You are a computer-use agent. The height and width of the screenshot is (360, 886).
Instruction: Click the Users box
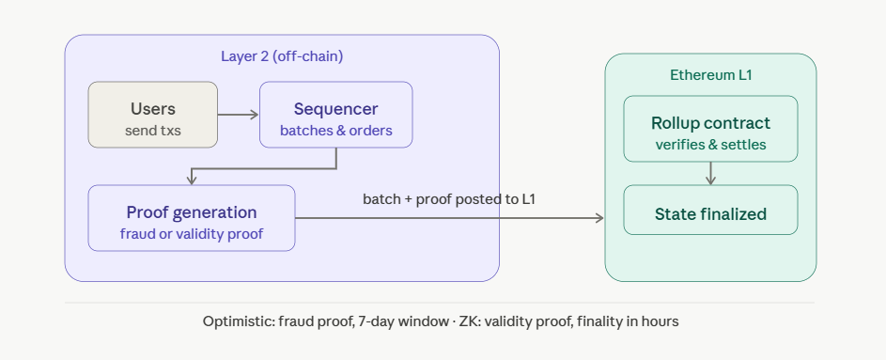click(x=152, y=115)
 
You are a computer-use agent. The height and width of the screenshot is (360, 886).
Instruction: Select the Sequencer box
click(x=335, y=115)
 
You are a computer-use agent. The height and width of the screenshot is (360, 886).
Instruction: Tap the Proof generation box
click(x=192, y=218)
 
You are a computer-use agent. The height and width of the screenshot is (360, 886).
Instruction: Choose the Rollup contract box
click(x=710, y=129)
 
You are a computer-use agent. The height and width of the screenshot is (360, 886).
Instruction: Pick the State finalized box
click(x=710, y=210)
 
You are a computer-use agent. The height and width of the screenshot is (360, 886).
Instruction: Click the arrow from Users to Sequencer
click(x=238, y=115)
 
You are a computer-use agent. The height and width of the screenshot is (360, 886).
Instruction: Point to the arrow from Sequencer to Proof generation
click(x=264, y=168)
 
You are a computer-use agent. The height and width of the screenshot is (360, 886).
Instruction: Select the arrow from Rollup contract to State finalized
click(x=711, y=174)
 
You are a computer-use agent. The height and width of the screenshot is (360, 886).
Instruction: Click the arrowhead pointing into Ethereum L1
click(x=600, y=218)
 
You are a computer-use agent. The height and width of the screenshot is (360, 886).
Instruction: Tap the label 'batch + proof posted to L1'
click(x=449, y=199)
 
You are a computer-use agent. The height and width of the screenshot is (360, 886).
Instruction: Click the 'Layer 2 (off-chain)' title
click(x=282, y=56)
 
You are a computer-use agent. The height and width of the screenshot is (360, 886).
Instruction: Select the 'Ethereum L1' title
click(x=711, y=75)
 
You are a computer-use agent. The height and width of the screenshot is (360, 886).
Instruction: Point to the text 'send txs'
click(x=152, y=131)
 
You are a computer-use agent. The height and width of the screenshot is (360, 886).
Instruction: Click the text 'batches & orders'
click(x=335, y=131)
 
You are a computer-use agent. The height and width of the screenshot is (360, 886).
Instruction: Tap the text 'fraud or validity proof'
click(x=192, y=233)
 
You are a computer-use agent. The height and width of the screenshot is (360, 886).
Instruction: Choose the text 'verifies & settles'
click(x=711, y=145)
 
